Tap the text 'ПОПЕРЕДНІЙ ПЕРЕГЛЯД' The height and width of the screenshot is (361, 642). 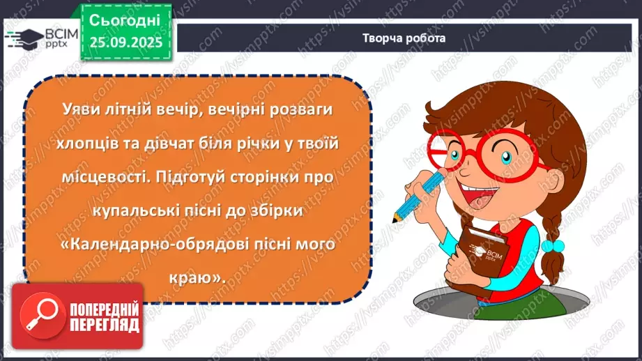tap(103, 317)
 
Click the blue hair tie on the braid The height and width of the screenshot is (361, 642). tap(553, 246)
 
